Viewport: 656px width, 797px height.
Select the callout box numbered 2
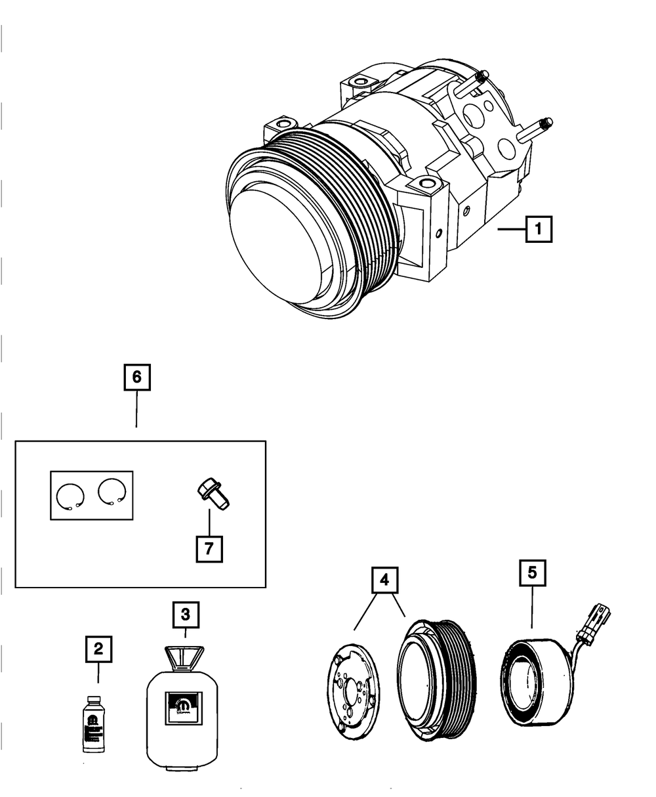point(98,649)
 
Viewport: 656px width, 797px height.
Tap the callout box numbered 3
point(186,614)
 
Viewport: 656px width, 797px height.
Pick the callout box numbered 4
point(385,580)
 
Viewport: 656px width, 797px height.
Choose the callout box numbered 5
point(532,572)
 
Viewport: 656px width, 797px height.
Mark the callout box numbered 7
point(209,548)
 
